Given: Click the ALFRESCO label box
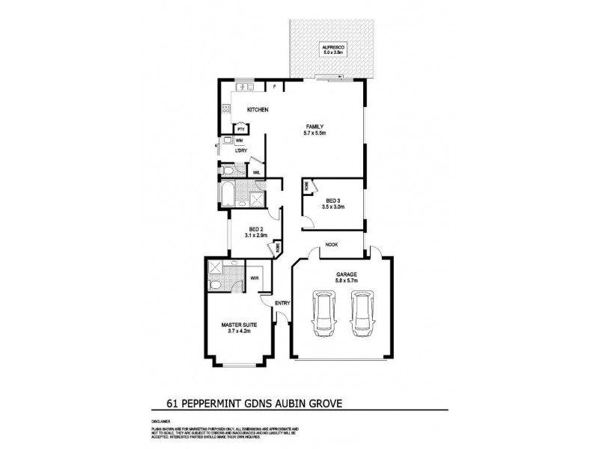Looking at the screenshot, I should click(x=332, y=49).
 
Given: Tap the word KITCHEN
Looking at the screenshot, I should click(x=258, y=110).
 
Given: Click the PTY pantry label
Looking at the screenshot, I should click(x=241, y=129).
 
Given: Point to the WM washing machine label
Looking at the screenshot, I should click(x=240, y=141).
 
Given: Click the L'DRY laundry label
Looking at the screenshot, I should click(x=240, y=152).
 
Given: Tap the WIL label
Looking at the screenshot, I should click(x=256, y=172).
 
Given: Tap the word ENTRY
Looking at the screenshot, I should click(x=282, y=303).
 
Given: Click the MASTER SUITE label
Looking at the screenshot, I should click(x=236, y=325).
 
